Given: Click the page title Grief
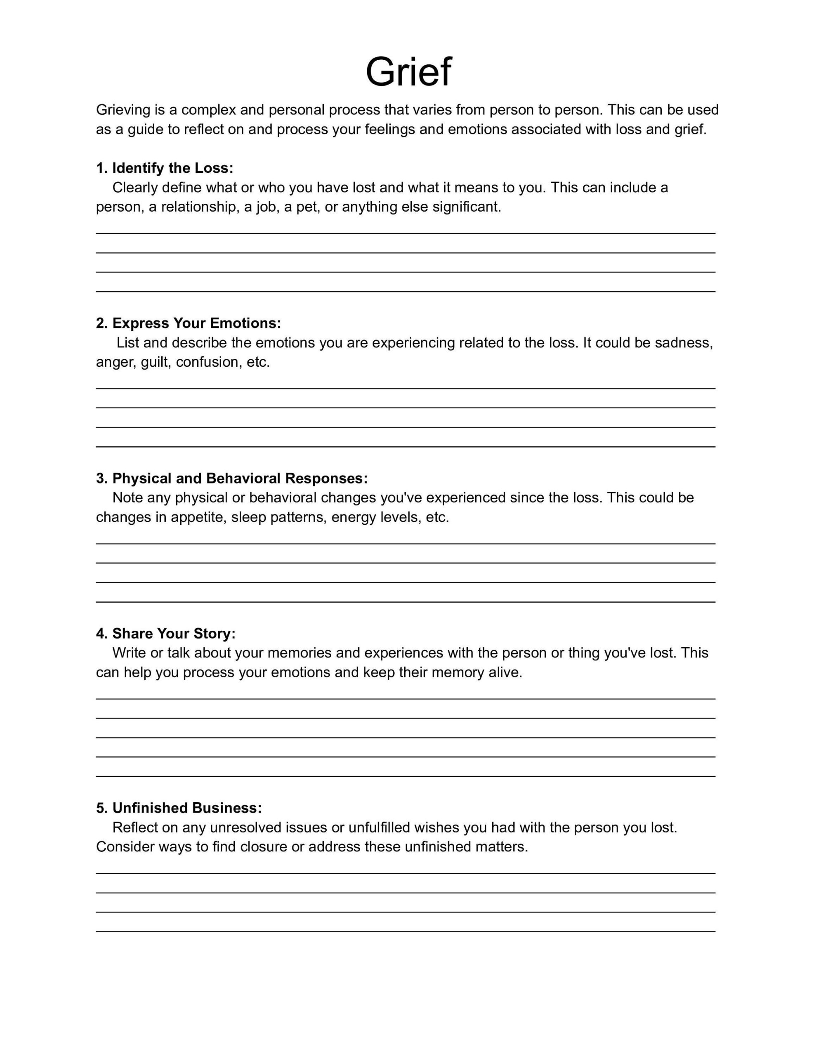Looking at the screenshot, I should (408, 73).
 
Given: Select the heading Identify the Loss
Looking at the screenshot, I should (165, 168).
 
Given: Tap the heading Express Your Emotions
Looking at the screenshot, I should (188, 323).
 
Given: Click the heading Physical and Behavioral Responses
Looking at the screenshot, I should (232, 478).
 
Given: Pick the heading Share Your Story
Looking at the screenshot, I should (165, 634).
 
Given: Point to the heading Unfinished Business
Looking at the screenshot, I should (179, 808).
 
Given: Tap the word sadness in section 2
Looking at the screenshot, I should (683, 343).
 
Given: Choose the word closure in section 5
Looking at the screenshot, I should (264, 847).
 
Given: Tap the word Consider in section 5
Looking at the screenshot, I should (125, 847).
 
